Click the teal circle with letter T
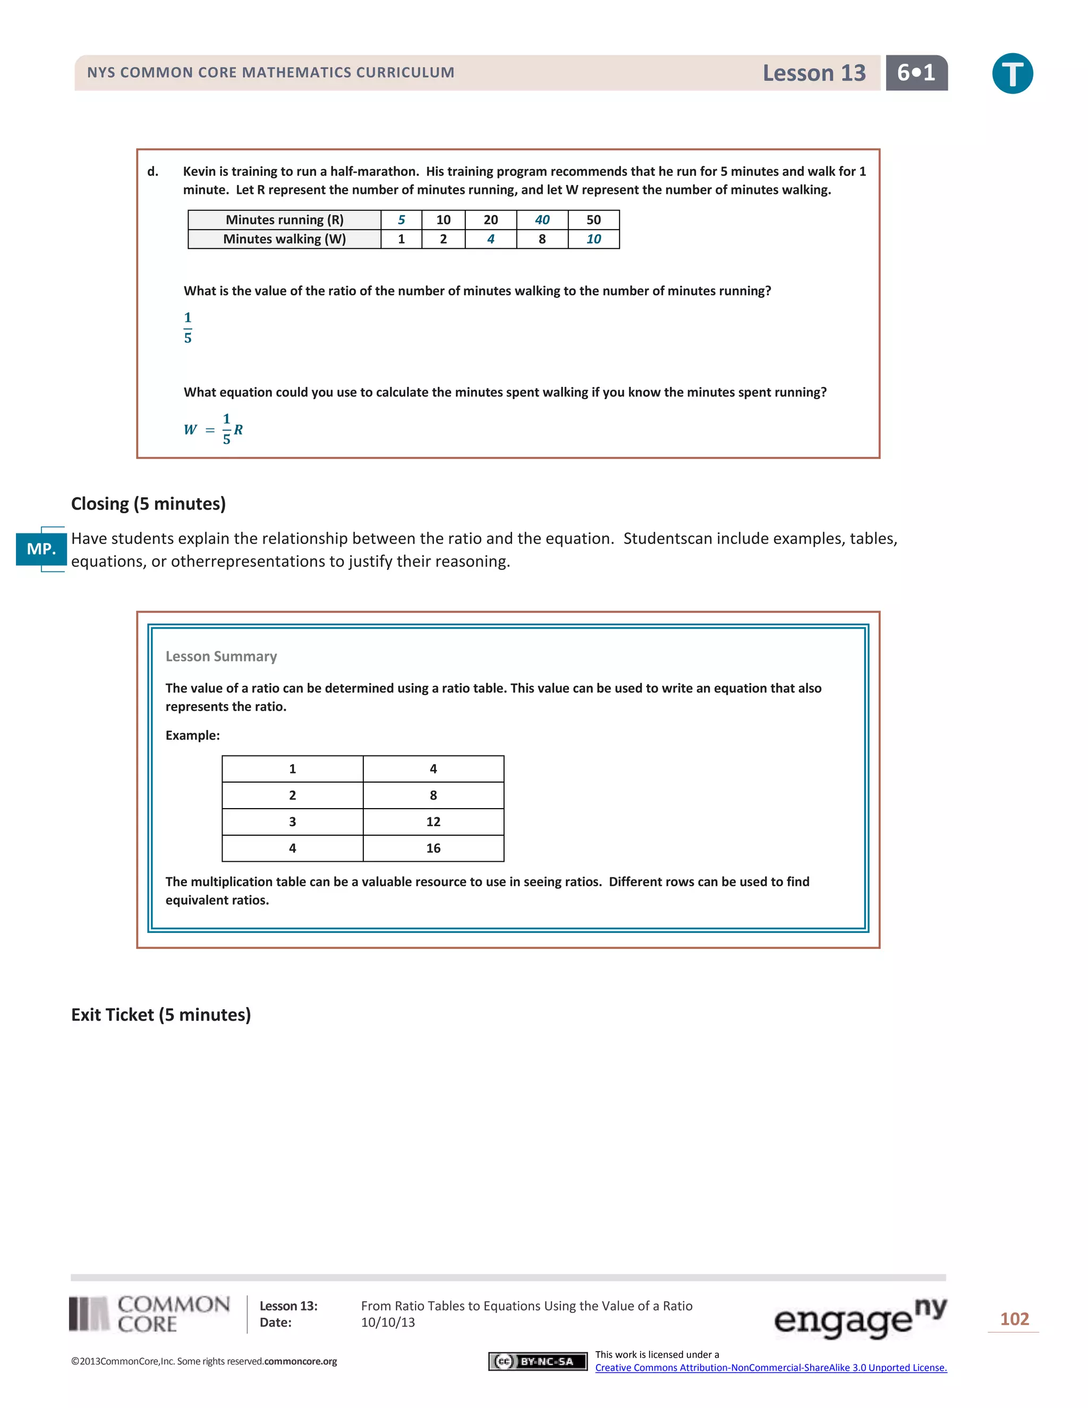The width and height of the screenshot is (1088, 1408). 1012,73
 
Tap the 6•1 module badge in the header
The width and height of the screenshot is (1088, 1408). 916,73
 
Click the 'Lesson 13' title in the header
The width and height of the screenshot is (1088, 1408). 813,73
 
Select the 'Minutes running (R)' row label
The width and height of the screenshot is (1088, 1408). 284,220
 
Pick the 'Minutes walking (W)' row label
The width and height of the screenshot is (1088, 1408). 284,239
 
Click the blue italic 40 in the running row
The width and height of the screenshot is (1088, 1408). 542,220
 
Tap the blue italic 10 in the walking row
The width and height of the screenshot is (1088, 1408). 593,239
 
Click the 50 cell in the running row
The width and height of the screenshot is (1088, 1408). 593,220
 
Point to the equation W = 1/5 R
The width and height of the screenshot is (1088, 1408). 214,429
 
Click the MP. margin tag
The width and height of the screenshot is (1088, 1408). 41,549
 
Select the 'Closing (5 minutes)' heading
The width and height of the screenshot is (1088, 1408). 148,504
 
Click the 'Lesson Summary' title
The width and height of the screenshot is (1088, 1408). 221,656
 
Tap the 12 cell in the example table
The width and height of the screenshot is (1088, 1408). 433,822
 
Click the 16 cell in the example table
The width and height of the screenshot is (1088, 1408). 433,849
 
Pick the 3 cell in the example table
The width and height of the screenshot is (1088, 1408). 293,822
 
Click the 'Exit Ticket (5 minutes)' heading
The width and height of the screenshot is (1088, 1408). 161,1015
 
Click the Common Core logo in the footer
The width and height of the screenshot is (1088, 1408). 149,1314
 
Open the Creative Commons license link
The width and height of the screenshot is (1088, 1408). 771,1368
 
